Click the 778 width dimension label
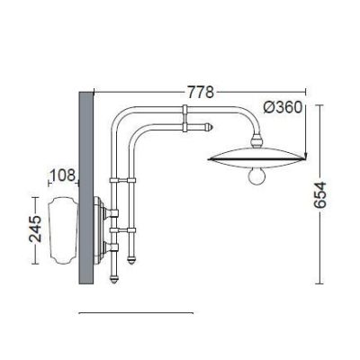201,92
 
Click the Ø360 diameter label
283,107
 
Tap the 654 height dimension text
319,194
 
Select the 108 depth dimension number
63,175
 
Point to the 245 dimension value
35,229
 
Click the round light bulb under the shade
257,176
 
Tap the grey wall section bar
86,188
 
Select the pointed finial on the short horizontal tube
209,127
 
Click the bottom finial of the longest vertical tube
113,280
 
